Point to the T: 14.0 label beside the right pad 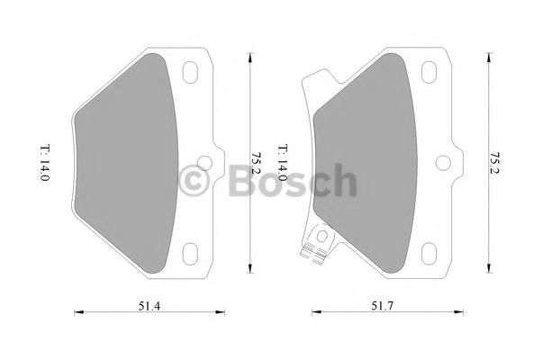[x=281, y=162]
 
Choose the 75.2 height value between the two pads [x=255, y=162]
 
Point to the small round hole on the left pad [x=204, y=163]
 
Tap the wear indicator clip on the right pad [x=315, y=243]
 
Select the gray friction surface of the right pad [x=365, y=162]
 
